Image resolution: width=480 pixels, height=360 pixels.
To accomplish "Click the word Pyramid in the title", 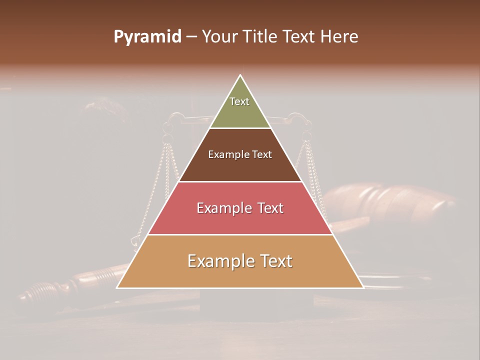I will [x=147, y=37].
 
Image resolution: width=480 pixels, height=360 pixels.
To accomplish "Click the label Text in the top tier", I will [x=239, y=101].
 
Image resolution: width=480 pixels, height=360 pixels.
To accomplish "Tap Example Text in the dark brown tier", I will [x=240, y=154].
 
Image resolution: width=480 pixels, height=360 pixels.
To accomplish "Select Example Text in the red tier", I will [x=240, y=208].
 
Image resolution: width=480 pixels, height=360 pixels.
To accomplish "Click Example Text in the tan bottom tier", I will [x=240, y=261].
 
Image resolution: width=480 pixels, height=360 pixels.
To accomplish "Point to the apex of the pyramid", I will [x=240, y=75].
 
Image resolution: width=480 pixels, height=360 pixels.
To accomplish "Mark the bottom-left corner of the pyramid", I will [x=117, y=287].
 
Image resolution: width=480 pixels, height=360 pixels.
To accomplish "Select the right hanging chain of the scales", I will [x=312, y=170].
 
